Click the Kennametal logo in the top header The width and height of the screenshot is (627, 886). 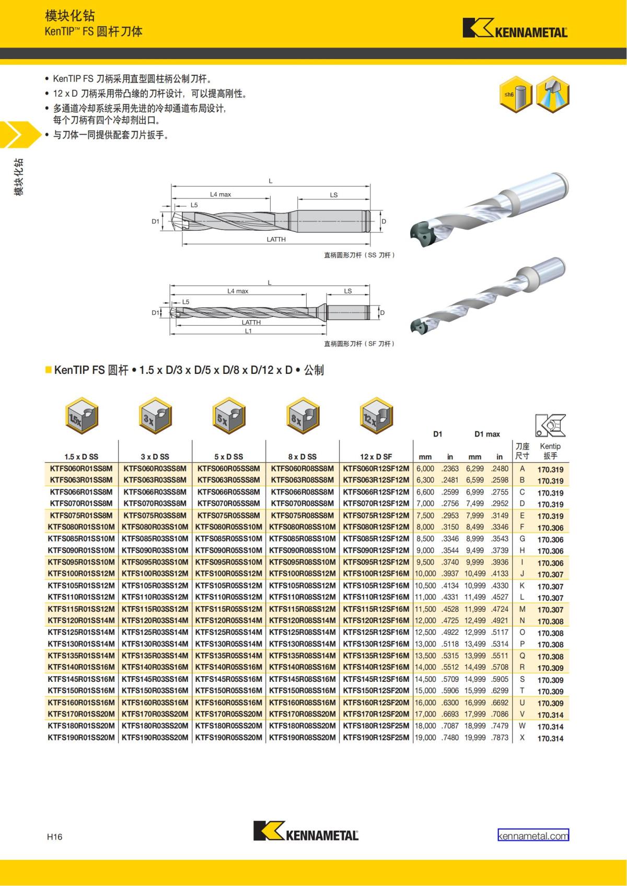(515, 29)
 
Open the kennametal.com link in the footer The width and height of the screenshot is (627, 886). (533, 836)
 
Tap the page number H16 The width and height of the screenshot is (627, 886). (54, 837)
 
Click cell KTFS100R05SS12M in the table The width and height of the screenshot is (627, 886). (229, 574)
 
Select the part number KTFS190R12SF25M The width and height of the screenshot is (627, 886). (376, 738)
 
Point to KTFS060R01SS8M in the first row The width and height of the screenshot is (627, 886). (81, 469)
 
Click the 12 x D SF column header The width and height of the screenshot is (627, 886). (376, 456)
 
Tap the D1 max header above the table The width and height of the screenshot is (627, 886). (487, 434)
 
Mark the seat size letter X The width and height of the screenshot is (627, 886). (522, 738)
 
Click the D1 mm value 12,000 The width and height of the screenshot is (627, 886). (425, 620)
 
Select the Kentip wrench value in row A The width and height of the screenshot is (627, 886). (550, 469)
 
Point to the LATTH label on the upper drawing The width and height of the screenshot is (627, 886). (276, 239)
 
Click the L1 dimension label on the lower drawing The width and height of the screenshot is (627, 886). (248, 331)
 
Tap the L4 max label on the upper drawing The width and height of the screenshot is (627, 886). (220, 194)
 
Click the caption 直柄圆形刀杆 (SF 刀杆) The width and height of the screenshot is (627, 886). (359, 344)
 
